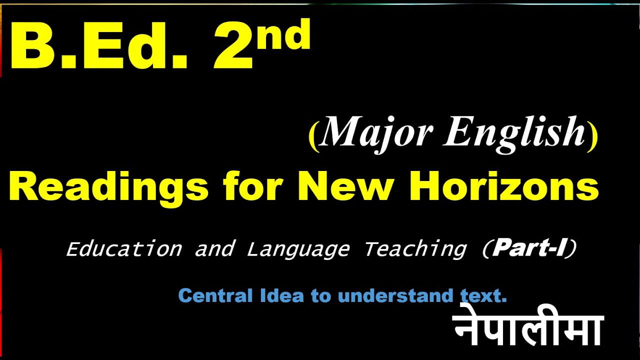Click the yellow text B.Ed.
(x=97, y=47)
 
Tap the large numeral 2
(x=232, y=47)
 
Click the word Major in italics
(x=377, y=132)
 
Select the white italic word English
(x=515, y=132)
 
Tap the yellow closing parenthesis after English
(x=592, y=136)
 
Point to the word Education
(x=124, y=248)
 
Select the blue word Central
(x=215, y=295)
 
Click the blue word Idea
(x=281, y=295)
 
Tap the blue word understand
(x=395, y=295)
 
